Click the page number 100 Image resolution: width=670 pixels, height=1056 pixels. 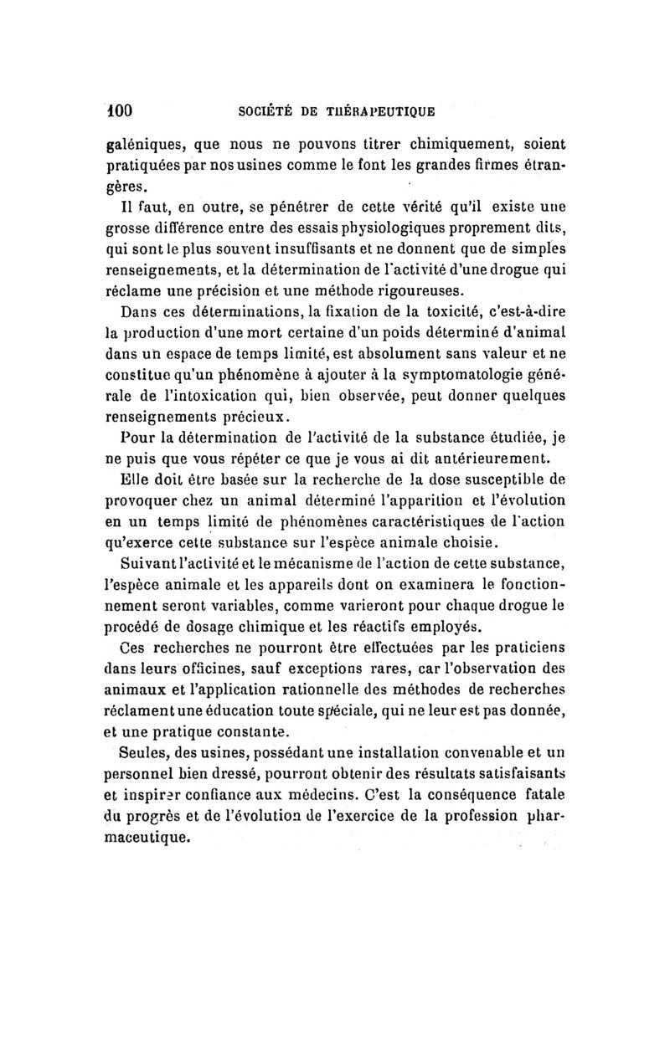[121, 109]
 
